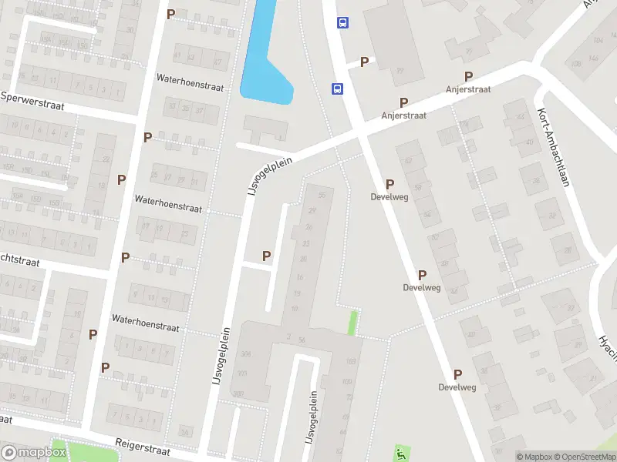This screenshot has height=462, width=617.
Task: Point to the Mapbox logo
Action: click(34, 453)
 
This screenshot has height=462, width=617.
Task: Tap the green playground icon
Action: click(400, 452)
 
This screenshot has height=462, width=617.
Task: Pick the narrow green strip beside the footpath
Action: click(353, 323)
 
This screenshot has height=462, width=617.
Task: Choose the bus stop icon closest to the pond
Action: click(338, 89)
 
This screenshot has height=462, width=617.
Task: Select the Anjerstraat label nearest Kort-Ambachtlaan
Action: click(468, 89)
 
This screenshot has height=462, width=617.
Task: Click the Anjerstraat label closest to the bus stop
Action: click(403, 115)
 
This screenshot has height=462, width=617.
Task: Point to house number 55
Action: click(322, 196)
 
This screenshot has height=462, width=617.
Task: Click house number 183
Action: click(349, 361)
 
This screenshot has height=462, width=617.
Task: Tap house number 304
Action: click(246, 355)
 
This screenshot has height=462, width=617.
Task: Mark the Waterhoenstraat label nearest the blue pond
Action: click(189, 88)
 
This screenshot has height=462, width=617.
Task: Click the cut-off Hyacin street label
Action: click(607, 347)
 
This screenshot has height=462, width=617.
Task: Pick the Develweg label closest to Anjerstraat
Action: click(389, 197)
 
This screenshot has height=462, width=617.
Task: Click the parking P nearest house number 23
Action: click(267, 256)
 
